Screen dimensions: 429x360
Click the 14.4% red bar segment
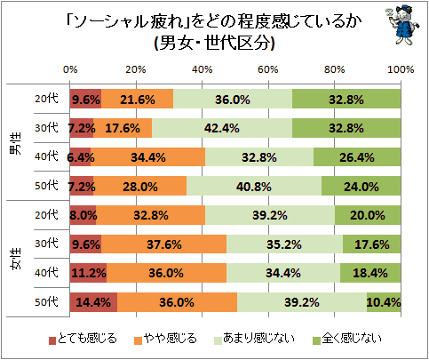coord(93,302)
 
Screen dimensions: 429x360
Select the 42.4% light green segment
coord(222,128)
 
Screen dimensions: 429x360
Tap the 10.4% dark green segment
coord(384,302)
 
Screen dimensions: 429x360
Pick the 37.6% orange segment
coord(164,244)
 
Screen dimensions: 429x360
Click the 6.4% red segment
coord(81,157)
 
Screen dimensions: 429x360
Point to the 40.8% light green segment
coord(254,186)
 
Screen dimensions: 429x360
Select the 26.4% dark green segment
coord(357,157)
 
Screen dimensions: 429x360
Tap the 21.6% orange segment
coord(138,99)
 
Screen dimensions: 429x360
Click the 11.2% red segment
coord(89,273)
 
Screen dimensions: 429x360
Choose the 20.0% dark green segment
coord(368,215)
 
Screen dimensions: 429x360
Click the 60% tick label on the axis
coord(268,69)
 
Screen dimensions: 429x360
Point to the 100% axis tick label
coord(401,69)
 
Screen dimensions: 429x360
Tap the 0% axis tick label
coord(70,69)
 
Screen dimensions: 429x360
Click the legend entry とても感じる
coord(83,339)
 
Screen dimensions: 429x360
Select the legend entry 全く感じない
coord(347,339)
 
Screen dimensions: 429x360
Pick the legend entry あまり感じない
coord(254,339)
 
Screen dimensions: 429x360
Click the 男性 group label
coord(16,144)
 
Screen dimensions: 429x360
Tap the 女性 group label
coord(16,259)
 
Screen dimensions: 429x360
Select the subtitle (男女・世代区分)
coord(214,44)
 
